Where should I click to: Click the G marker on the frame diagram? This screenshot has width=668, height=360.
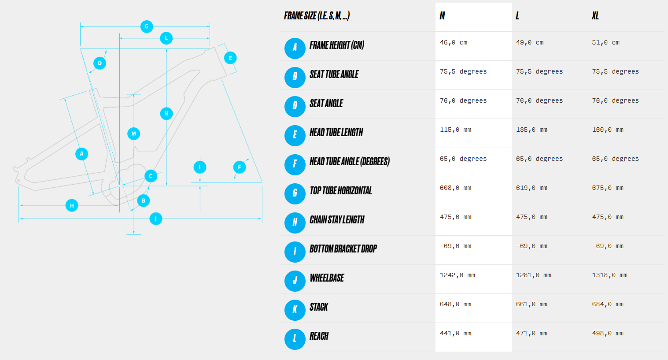(x=147, y=26)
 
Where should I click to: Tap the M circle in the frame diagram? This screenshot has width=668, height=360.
(x=133, y=134)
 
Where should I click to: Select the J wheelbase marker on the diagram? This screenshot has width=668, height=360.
(x=156, y=219)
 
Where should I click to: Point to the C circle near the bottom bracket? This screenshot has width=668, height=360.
(x=151, y=176)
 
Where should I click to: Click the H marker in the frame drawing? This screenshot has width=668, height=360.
(x=72, y=205)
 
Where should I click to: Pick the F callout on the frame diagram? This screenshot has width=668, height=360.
(x=240, y=167)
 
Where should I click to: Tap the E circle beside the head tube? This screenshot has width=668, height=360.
(x=230, y=58)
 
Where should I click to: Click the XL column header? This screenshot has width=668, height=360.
(x=595, y=15)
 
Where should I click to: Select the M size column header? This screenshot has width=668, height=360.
(x=442, y=15)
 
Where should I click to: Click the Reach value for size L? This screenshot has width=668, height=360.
(x=532, y=333)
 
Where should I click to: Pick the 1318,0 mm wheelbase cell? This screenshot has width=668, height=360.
(x=609, y=275)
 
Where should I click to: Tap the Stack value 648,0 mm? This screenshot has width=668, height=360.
(x=455, y=304)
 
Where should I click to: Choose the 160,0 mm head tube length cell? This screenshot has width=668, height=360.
(x=608, y=130)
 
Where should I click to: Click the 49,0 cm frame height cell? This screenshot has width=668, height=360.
(x=530, y=42)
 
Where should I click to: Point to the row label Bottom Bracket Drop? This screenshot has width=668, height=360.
(x=343, y=249)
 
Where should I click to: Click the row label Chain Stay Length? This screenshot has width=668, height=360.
(x=337, y=220)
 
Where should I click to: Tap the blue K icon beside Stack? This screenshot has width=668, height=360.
(x=295, y=310)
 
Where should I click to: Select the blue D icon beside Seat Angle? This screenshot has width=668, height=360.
(x=295, y=107)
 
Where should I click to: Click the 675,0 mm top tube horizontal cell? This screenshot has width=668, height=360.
(x=608, y=188)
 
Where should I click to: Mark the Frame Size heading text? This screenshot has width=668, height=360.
(x=317, y=15)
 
